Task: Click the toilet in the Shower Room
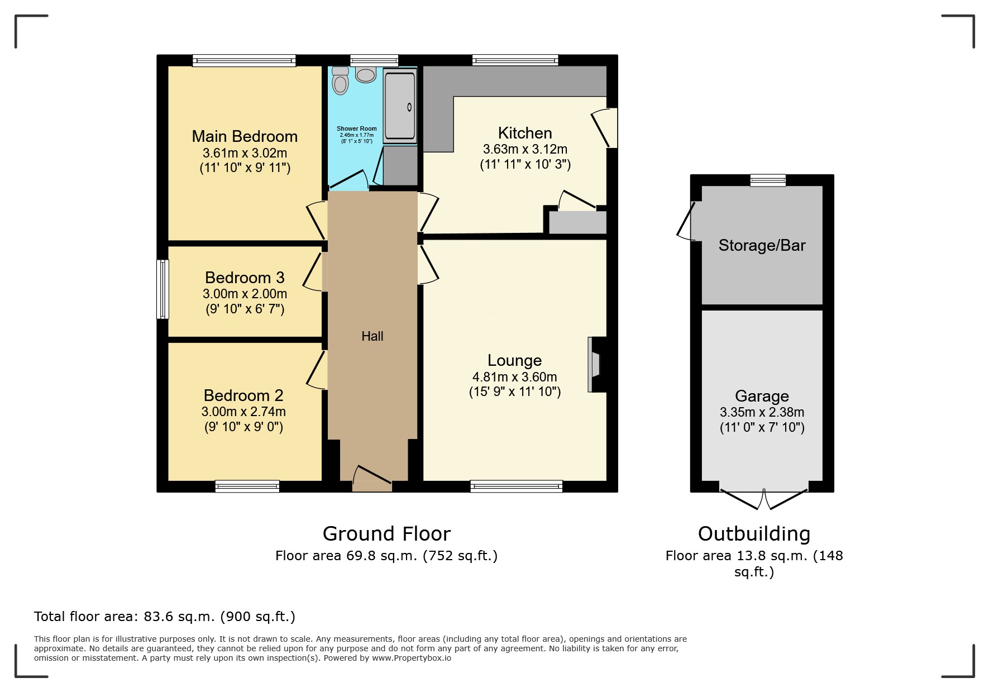pos(340,83)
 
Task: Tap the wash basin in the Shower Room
pos(366,74)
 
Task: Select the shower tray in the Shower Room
pos(400,106)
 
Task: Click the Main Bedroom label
pos(245,136)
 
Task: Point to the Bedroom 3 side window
pos(163,289)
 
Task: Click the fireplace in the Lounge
pos(595,365)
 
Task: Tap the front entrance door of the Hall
pos(372,475)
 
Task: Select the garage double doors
pos(763,499)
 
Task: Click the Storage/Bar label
pos(762,245)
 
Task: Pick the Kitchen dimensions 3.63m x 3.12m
pos(525,150)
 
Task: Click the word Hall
pos(372,336)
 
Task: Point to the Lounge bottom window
pos(517,486)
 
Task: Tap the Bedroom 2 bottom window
pos(247,486)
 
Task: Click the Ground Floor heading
pos(386,534)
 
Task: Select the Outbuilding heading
pos(754,534)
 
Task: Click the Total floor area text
pos(164,617)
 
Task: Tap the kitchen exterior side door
pos(604,127)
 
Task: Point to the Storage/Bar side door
pos(686,222)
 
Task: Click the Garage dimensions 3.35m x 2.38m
pos(762,413)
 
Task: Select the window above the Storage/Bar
pos(768,180)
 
